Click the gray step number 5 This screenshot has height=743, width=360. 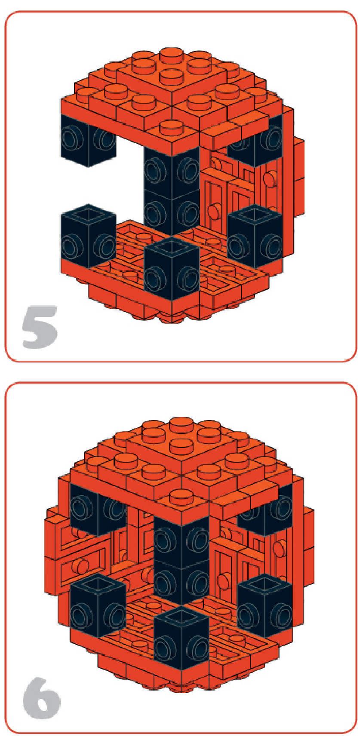tap(40, 327)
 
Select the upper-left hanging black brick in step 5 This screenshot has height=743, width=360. tap(88, 140)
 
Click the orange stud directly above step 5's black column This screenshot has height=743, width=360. tap(171, 127)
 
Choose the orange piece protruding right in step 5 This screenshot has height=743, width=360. tap(298, 176)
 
